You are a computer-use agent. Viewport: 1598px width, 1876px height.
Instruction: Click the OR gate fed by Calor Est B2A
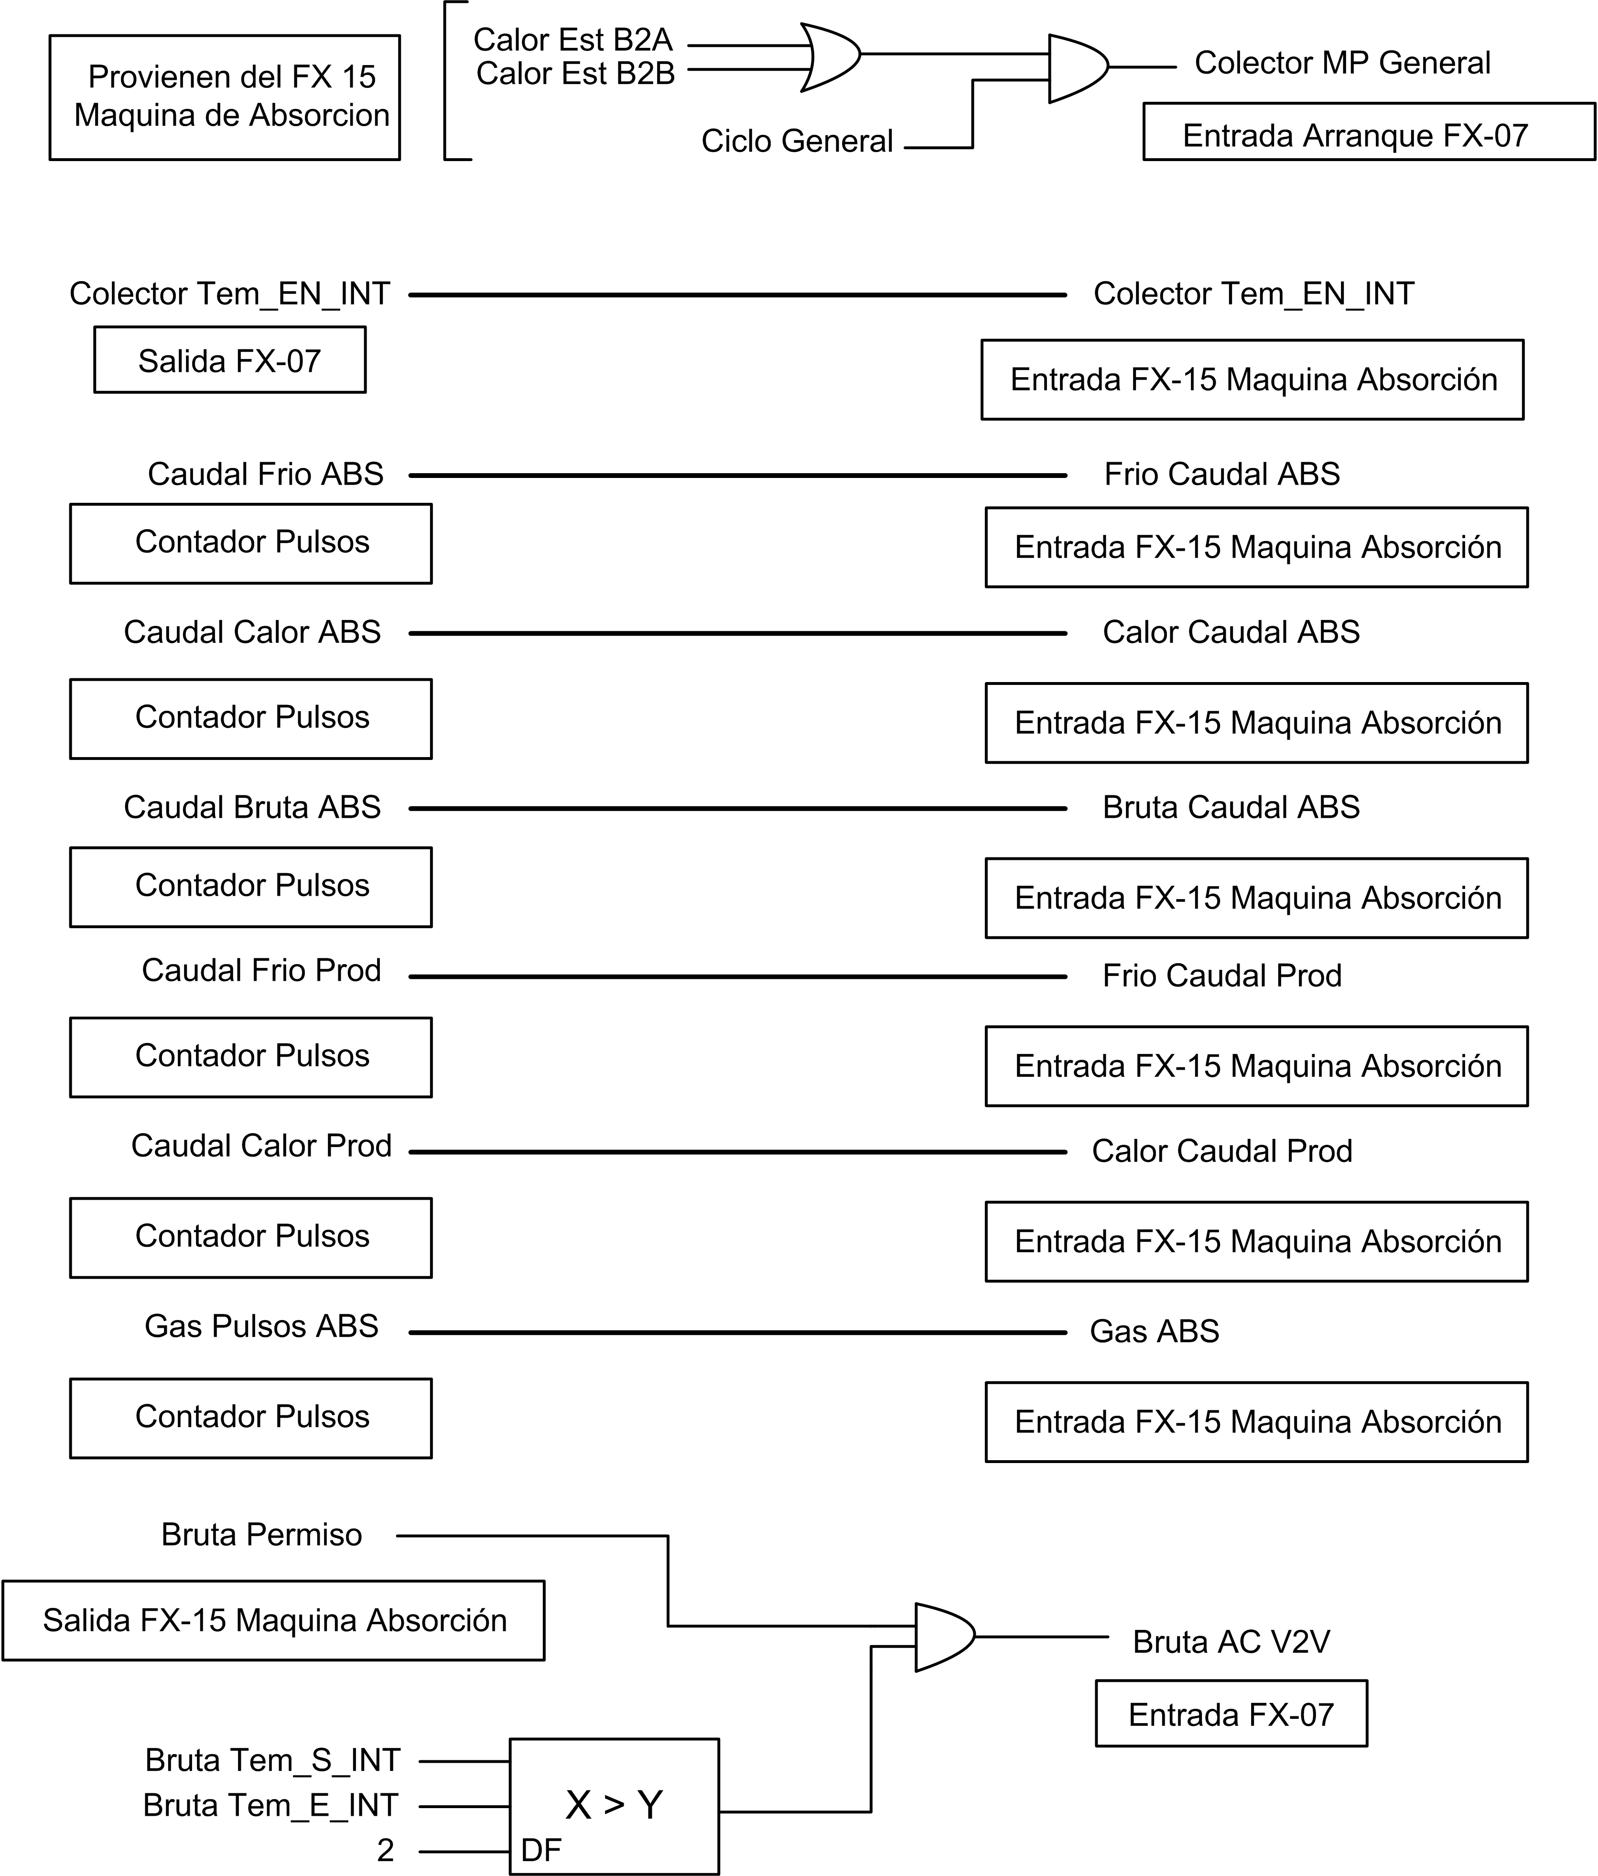tap(830, 57)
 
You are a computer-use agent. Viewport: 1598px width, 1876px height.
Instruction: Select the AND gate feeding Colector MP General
tap(1078, 68)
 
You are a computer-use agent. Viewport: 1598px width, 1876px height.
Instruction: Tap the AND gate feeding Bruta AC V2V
tap(945, 1637)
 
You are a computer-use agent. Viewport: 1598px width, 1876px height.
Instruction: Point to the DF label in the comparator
tap(541, 1850)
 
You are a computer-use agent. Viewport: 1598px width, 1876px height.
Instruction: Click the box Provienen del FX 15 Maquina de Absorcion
tap(225, 98)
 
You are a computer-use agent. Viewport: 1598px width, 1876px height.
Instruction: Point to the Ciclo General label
tap(797, 141)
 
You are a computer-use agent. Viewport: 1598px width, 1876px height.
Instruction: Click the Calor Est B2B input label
tap(576, 73)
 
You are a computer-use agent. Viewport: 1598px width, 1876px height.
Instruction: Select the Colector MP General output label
tap(1342, 63)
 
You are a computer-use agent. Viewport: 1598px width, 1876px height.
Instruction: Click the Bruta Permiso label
tap(262, 1534)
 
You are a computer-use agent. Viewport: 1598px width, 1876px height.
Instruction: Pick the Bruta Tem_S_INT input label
tap(272, 1759)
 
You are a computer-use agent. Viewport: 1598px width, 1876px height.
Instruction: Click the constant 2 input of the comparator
tap(386, 1850)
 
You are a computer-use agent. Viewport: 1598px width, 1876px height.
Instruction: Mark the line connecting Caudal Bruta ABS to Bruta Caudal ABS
tap(738, 809)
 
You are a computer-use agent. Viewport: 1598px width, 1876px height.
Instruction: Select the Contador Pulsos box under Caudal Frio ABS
tap(251, 543)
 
